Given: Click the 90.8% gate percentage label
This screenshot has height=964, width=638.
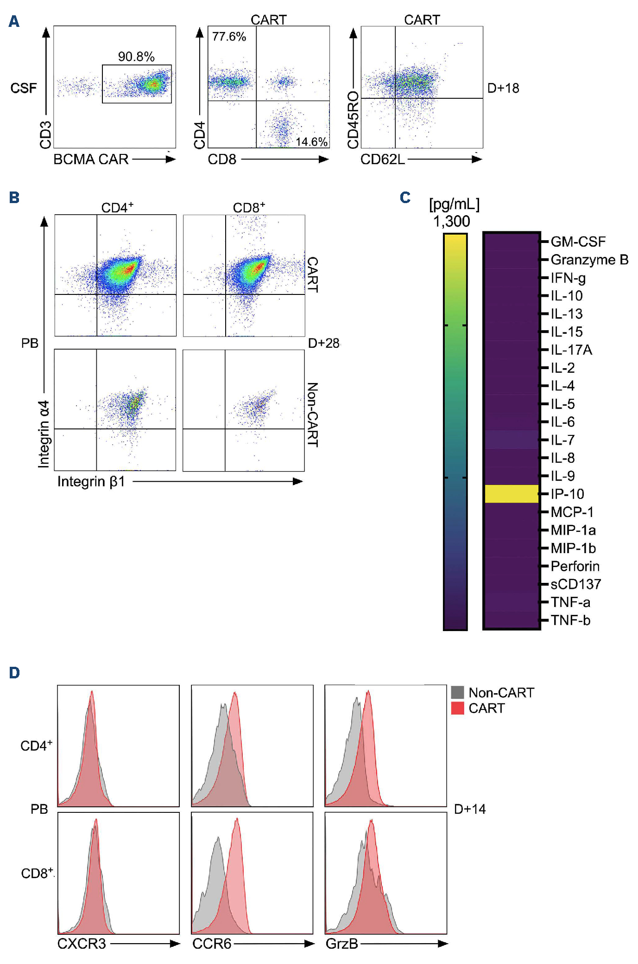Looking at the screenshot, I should (136, 57).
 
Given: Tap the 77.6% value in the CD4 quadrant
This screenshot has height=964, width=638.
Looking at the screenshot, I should (229, 37).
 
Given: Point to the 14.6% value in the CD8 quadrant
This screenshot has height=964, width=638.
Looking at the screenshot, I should (311, 141).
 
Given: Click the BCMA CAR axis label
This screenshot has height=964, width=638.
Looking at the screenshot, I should (91, 160).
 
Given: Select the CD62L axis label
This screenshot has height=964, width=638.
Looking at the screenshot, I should (383, 160).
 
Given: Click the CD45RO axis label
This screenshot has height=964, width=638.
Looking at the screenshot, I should (353, 120).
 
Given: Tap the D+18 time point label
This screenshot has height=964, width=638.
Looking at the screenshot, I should (503, 88).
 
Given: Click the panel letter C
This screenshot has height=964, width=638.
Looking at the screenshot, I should (405, 198).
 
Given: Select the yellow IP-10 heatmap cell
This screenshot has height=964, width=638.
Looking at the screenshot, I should (512, 494).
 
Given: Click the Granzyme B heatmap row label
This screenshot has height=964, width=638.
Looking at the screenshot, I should (589, 260).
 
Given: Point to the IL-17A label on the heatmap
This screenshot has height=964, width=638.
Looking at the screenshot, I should (571, 350).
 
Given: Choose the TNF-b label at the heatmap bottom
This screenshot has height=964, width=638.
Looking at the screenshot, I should (570, 620).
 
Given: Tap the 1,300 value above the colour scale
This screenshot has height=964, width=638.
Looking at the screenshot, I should (451, 222).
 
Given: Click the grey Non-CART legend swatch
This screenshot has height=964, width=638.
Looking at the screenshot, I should (457, 692).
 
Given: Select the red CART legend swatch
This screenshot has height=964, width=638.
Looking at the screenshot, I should (457, 708).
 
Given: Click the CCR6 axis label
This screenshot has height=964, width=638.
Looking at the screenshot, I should (212, 944).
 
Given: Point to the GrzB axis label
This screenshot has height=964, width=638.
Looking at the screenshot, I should (342, 944).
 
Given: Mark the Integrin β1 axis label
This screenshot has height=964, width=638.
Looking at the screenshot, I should (91, 482).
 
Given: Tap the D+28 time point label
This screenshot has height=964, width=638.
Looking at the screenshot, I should (324, 344).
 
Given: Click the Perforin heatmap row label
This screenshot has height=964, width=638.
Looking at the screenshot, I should (575, 566).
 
